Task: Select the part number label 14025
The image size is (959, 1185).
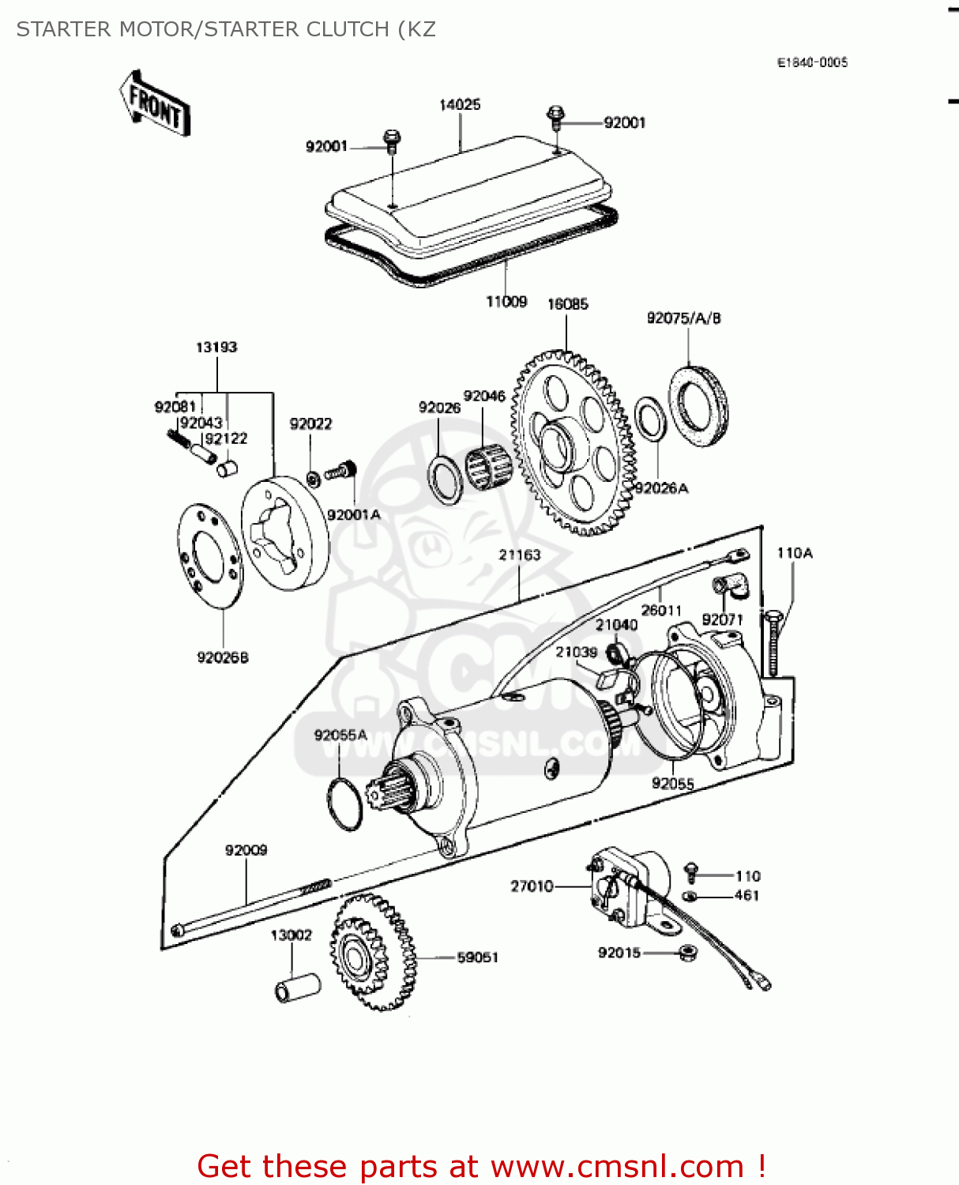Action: coord(460,105)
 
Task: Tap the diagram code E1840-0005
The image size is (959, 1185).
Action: coord(812,62)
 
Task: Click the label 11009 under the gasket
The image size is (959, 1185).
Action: coord(506,302)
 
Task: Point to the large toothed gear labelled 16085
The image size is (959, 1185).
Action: coord(573,446)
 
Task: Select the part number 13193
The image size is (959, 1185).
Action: coord(216,347)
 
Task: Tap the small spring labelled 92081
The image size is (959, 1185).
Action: coord(179,438)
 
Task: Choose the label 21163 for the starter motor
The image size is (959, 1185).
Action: coord(520,555)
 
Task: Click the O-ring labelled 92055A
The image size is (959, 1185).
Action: coord(345,803)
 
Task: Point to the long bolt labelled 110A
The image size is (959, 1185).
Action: coord(773,644)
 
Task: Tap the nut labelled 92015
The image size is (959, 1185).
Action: coord(687,953)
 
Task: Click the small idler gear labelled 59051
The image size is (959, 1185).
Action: coord(371,952)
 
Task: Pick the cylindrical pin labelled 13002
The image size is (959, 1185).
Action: coord(298,988)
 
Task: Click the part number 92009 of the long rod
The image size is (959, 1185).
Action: coord(246,850)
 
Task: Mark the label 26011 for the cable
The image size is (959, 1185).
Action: coord(661,610)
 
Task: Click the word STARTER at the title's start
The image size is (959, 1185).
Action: coord(64,29)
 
